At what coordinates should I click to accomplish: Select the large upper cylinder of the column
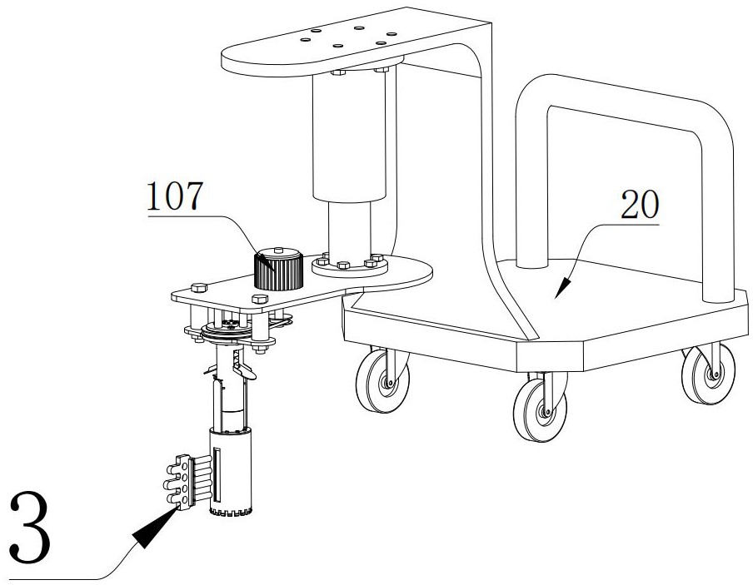[349, 137]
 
